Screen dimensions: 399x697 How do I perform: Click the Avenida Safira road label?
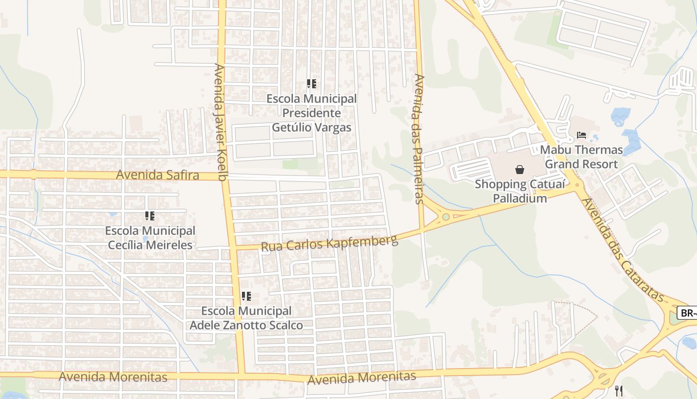pos(157,175)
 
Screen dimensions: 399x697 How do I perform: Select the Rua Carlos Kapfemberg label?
pos(330,244)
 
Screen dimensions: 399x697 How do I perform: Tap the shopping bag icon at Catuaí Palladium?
pos(520,170)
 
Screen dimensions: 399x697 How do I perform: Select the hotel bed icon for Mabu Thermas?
pos(581,135)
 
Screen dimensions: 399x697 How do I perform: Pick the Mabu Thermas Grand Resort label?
pos(581,157)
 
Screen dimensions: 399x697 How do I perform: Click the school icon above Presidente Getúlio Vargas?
pos(311,84)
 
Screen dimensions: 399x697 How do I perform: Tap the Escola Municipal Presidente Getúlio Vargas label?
pos(312,113)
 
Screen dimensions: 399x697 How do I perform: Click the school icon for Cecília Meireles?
pos(149,216)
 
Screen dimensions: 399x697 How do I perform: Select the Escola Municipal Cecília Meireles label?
pos(150,238)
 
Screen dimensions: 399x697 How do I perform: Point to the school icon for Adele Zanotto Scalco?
pos(246,296)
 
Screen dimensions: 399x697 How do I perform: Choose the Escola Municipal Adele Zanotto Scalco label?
pos(246,318)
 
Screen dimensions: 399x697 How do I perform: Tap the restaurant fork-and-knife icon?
pos(619,391)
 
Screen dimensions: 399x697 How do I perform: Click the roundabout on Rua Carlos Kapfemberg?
pos(446,216)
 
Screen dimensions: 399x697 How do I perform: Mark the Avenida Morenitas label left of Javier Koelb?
pos(113,377)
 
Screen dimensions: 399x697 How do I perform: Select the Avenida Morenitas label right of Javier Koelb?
pos(361,378)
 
